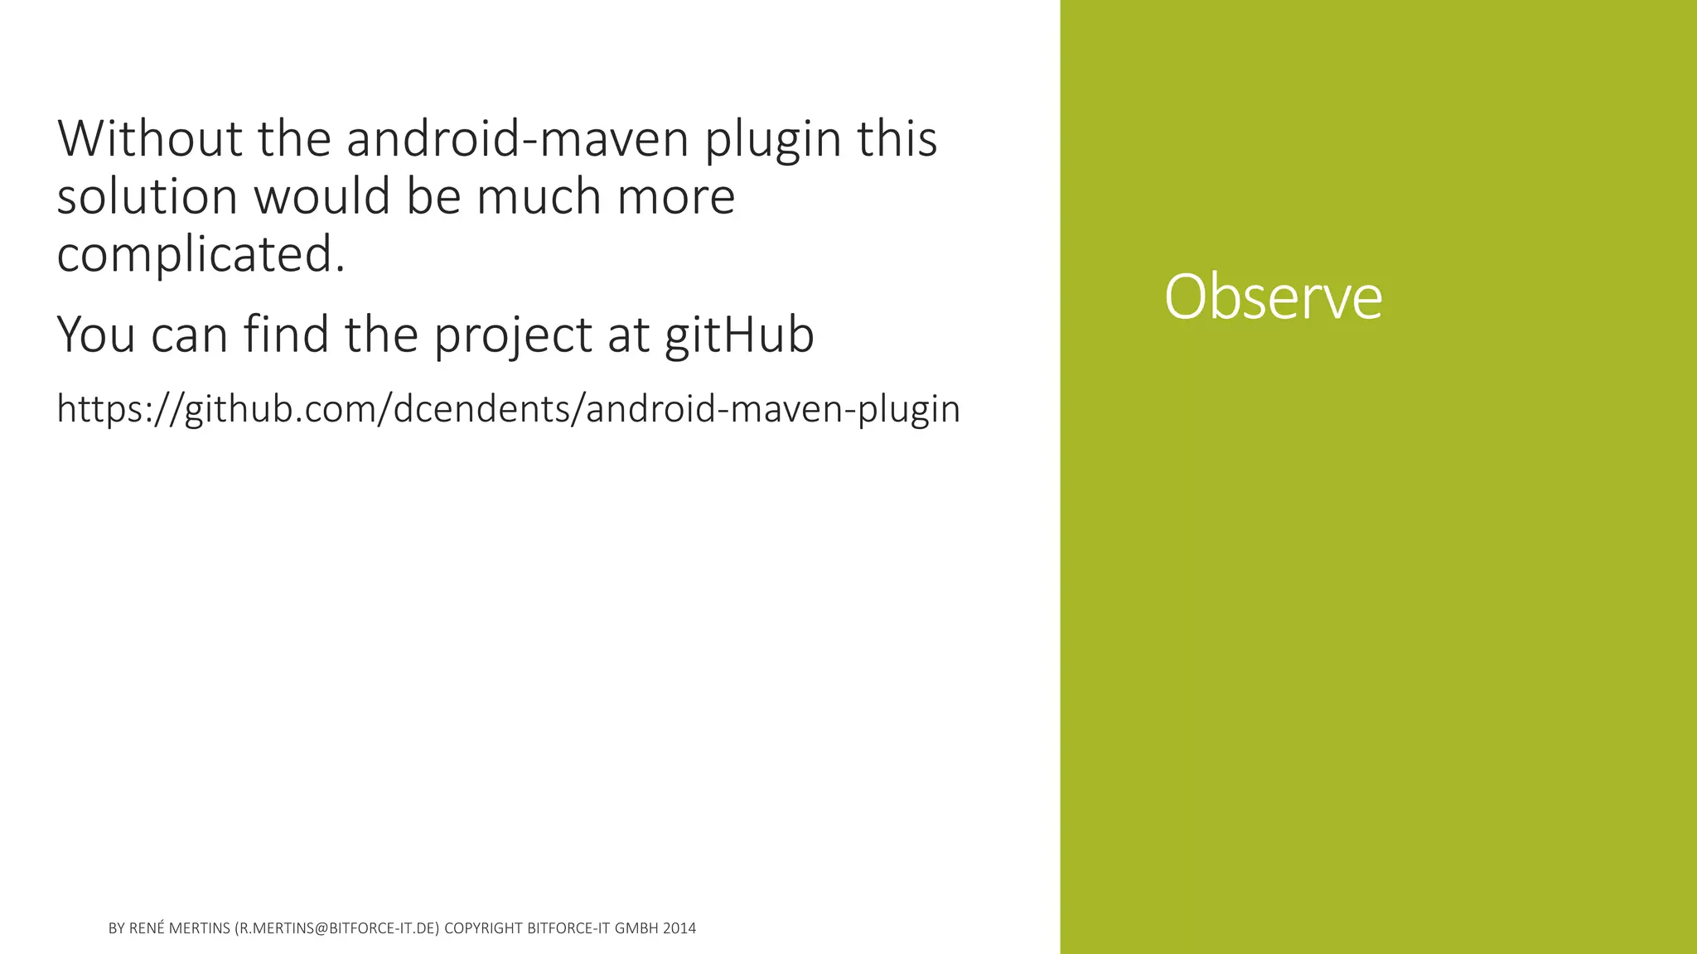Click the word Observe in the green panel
click(x=1273, y=296)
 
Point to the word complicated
click(x=201, y=253)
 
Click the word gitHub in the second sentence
click(x=739, y=335)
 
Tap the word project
click(x=513, y=336)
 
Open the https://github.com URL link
click(x=508, y=409)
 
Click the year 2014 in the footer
click(x=679, y=928)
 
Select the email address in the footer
click(x=337, y=928)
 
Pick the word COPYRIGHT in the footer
click(x=483, y=928)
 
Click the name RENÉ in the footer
click(x=147, y=928)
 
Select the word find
click(x=286, y=335)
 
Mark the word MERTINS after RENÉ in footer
click(x=199, y=928)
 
